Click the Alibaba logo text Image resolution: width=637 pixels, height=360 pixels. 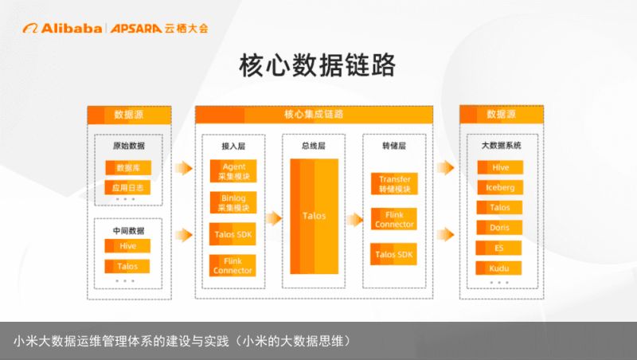[x=71, y=29]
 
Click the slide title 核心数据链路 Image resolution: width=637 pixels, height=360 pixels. [x=317, y=65]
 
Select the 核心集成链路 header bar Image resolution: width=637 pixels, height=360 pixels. [x=314, y=115]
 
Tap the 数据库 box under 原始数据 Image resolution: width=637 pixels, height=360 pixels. [x=128, y=168]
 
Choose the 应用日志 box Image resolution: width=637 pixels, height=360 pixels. [x=128, y=188]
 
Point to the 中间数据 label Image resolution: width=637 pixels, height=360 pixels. [x=128, y=231]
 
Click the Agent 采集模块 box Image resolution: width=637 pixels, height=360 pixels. [x=233, y=171]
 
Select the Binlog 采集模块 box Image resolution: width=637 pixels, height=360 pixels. [x=233, y=203]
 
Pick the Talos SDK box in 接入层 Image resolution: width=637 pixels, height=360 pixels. [x=233, y=234]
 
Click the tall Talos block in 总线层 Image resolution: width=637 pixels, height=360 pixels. [x=314, y=216]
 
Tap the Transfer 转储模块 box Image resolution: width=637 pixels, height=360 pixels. [x=394, y=184]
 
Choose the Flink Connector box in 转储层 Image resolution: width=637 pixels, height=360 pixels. [x=394, y=219]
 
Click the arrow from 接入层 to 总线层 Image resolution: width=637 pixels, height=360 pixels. [x=273, y=218]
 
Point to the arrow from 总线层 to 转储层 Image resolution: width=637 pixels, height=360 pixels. [x=354, y=219]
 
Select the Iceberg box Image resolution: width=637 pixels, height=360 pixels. [x=500, y=187]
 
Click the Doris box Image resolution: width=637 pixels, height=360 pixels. [x=499, y=228]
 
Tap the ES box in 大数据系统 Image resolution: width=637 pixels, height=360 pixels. [x=499, y=248]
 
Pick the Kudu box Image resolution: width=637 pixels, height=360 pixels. [x=499, y=268]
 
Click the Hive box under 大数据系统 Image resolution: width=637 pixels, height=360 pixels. [x=501, y=167]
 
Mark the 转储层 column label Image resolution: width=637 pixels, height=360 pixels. [x=394, y=146]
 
